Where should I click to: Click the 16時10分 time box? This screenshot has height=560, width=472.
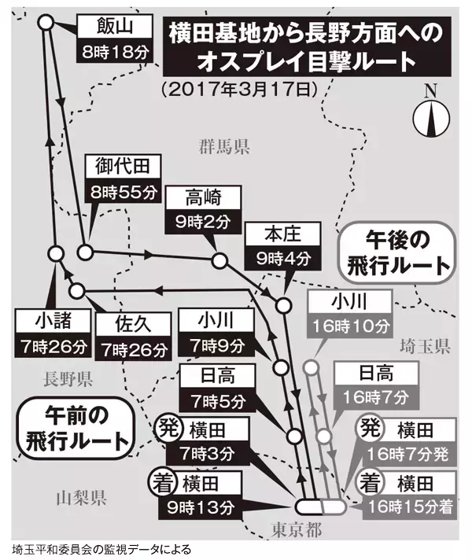(348, 324)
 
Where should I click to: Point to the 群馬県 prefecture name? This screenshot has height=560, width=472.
(223, 146)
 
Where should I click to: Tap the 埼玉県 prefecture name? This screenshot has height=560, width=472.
(424, 345)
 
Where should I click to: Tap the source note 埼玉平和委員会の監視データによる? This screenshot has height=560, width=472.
(101, 548)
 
